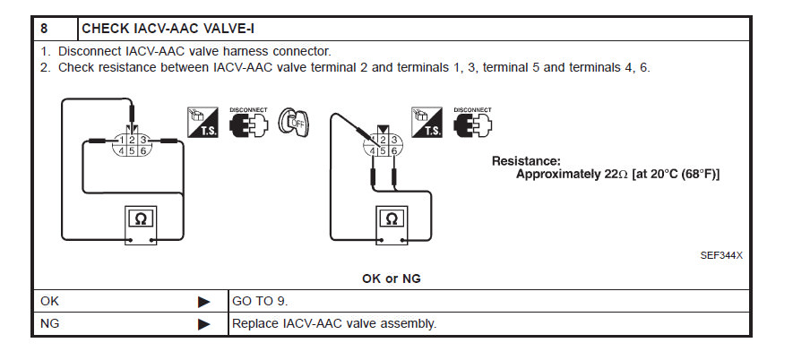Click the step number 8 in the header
tap(44, 28)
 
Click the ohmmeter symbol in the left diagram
tap(141, 218)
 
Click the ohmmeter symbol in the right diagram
tap(390, 218)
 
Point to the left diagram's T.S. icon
tap(202, 122)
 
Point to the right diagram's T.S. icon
tap(427, 122)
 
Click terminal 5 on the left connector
tap(131, 150)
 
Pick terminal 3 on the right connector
tap(392, 139)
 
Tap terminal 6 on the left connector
tap(142, 150)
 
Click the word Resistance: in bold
tap(526, 160)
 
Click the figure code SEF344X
tap(721, 255)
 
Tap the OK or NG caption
tap(392, 279)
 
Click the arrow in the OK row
tap(203, 302)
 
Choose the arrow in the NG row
tap(203, 323)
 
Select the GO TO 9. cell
tap(260, 302)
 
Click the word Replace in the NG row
tap(254, 323)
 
